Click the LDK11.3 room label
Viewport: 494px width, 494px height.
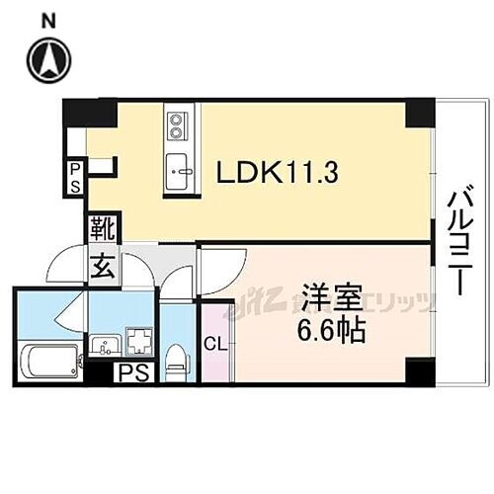[278, 175]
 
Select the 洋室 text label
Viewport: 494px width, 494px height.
[330, 296]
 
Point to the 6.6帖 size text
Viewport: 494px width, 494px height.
[330, 329]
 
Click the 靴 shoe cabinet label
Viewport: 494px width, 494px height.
[104, 230]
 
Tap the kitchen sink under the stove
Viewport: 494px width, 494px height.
[179, 169]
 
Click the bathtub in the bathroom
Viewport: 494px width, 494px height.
[49, 361]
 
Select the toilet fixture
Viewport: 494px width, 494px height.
[175, 356]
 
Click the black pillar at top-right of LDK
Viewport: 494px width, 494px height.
[419, 112]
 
